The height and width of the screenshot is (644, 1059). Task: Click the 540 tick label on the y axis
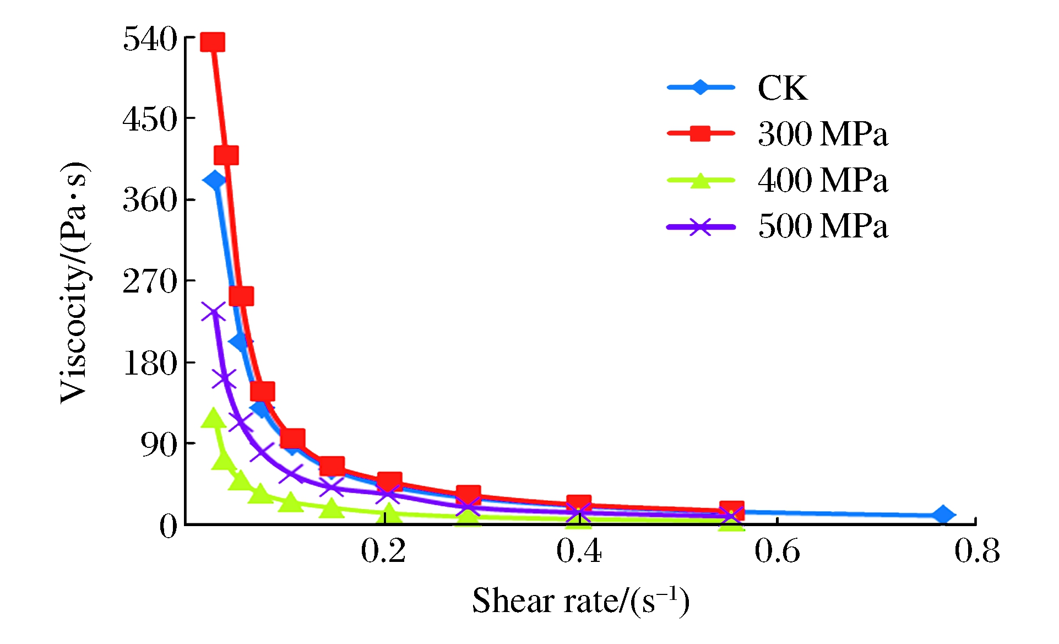pos(150,40)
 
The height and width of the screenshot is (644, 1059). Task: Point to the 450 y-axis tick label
pos(150,119)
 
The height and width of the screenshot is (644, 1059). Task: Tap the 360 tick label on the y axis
pos(150,199)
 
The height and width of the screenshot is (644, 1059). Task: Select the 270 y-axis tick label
pos(150,282)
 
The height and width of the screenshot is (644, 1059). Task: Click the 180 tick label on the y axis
pos(150,364)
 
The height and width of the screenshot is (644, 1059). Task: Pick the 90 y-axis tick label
pos(159,444)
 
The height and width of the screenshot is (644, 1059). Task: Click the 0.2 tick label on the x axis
pos(383,551)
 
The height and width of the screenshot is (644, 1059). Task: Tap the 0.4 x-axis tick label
pos(579,551)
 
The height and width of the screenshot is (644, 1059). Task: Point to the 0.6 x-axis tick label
pos(777,551)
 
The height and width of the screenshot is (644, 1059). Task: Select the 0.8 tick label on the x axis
pos(977,551)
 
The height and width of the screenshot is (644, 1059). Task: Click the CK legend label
pos(783,88)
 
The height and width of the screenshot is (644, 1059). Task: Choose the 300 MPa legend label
pos(823,134)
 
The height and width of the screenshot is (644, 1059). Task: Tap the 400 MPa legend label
pos(823,180)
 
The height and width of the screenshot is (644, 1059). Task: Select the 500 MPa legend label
pos(823,226)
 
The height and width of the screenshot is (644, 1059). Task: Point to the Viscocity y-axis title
pos(74,283)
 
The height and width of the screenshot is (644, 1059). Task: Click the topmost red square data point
pos(213,42)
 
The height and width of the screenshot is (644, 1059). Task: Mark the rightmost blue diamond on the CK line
pos(943,515)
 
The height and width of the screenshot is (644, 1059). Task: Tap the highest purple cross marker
pos(213,312)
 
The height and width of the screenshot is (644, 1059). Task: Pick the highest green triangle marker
pos(213,419)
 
